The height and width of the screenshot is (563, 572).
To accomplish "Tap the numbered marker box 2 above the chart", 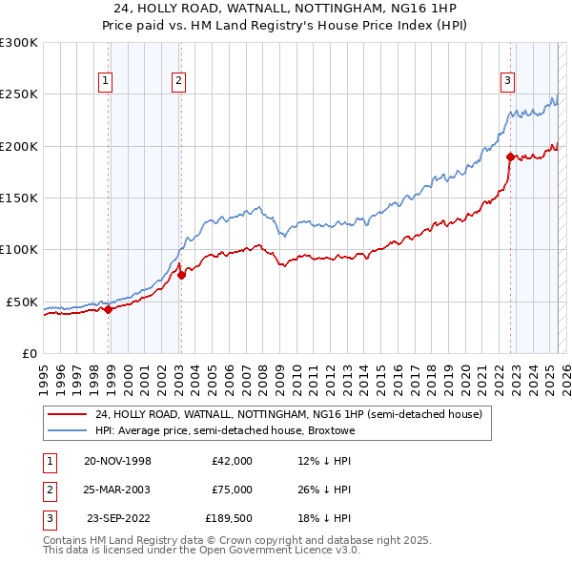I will (x=178, y=81).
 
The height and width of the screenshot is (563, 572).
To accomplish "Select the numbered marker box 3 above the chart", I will (x=508, y=81).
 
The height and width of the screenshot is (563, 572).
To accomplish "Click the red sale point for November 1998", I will (x=109, y=309).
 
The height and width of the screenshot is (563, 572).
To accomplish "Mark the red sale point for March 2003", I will (x=181, y=275).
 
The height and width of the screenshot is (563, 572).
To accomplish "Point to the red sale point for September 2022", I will (x=511, y=156).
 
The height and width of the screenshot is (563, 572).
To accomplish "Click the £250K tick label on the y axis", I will (x=19, y=94).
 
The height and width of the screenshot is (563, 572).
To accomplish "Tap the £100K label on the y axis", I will (x=19, y=249).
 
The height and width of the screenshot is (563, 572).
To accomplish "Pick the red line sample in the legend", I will (x=67, y=414).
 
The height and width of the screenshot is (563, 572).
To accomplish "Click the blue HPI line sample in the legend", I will (x=67, y=430).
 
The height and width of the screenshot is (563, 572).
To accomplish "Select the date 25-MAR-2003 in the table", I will (x=114, y=490).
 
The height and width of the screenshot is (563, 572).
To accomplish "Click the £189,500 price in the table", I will (x=229, y=518).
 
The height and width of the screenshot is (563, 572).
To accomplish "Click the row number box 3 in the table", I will (x=48, y=518).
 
